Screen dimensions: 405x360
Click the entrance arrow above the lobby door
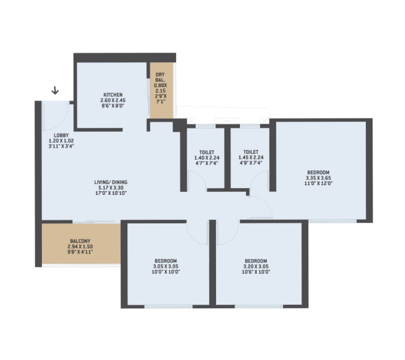pos(55,90)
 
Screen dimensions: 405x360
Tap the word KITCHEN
pos(113,95)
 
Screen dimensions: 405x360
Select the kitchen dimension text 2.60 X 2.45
pos(113,100)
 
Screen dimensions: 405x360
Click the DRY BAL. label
pos(160,77)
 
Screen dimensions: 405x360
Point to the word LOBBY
pos(61,135)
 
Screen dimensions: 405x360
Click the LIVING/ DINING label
pos(111,182)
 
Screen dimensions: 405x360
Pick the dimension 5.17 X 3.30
pos(111,188)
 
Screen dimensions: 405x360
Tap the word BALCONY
pos(80,241)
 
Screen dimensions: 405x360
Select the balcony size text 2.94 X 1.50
pos(80,246)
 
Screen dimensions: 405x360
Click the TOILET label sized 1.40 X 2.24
pos(207,152)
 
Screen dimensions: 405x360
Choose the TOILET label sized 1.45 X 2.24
pos(251,152)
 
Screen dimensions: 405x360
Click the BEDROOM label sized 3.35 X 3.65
pos(318,172)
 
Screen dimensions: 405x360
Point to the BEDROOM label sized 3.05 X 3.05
pos(166,261)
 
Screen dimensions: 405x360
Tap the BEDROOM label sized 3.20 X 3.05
pos(256,261)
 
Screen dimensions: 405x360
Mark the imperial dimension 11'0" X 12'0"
pos(318,183)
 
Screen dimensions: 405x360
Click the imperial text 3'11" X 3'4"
pos(61,146)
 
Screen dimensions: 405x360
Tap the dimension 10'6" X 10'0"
pos(256,272)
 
